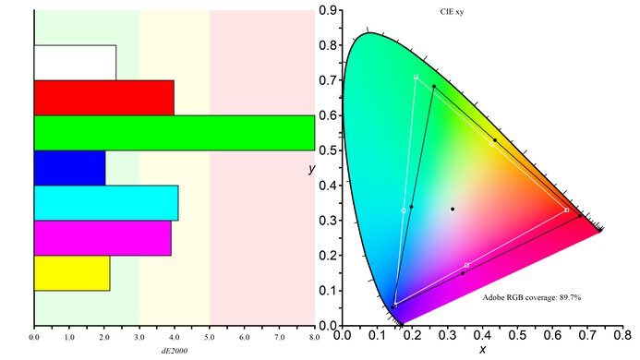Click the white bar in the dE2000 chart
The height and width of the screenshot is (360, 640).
click(x=75, y=62)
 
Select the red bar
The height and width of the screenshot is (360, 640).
click(x=103, y=97)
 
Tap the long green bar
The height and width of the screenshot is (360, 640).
click(x=174, y=132)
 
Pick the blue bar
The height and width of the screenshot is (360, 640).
click(x=69, y=167)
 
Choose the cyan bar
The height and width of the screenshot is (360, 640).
click(x=105, y=202)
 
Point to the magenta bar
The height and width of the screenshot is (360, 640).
click(x=103, y=237)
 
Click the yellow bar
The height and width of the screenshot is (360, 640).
click(x=72, y=273)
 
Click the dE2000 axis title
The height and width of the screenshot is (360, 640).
click(x=175, y=352)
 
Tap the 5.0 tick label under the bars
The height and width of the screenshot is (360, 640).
click(x=210, y=339)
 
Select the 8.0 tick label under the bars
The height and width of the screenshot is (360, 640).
click(x=314, y=339)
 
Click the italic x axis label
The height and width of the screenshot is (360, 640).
click(x=482, y=350)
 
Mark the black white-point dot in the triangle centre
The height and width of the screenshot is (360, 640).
click(x=453, y=209)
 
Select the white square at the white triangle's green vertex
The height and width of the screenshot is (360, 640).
click(x=417, y=77)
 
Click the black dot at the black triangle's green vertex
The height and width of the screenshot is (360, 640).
click(x=434, y=87)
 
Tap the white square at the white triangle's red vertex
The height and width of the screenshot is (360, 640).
click(x=566, y=210)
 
